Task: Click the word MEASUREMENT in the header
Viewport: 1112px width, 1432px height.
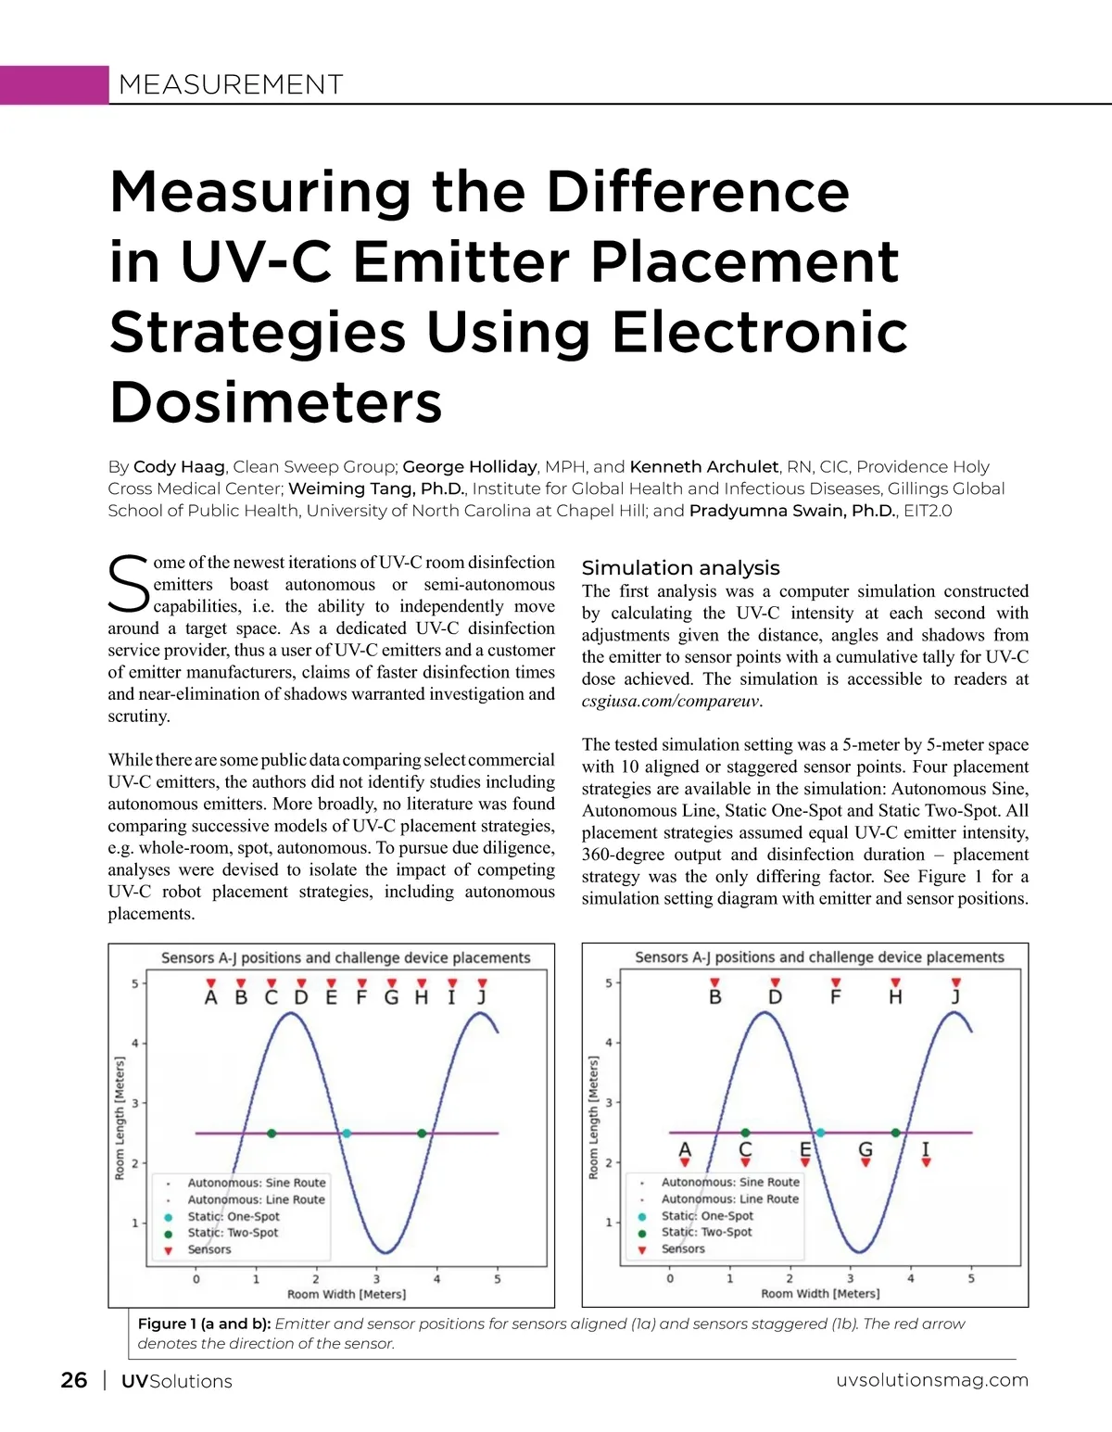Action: tap(231, 85)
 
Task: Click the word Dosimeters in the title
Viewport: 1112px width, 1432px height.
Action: tap(276, 402)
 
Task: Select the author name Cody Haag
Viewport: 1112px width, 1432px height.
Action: tap(179, 467)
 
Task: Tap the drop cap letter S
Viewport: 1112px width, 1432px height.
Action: tap(128, 585)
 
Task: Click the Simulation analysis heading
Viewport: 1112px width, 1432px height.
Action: tap(680, 568)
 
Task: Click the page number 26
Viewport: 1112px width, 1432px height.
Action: tap(74, 1380)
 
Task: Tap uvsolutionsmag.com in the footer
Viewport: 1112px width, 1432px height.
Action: tap(931, 1380)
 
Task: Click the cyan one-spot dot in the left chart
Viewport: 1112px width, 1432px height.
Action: tap(347, 1134)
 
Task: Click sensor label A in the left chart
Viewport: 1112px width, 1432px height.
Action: tap(211, 998)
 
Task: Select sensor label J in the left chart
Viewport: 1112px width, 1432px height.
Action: tap(482, 998)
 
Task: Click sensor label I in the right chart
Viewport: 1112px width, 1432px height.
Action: tap(925, 1149)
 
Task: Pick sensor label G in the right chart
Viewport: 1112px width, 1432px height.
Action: tap(866, 1149)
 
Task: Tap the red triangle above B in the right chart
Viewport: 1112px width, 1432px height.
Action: tap(714, 982)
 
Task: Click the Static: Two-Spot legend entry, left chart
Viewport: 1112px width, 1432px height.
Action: tap(233, 1233)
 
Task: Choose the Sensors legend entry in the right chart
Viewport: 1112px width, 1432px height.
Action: tap(683, 1249)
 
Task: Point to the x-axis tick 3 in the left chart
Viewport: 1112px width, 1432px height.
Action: tap(376, 1279)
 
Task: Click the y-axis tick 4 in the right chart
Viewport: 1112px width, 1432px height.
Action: tap(609, 1043)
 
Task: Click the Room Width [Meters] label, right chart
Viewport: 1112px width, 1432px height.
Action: tap(820, 1294)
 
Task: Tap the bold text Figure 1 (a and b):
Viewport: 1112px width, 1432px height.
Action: tap(204, 1324)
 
